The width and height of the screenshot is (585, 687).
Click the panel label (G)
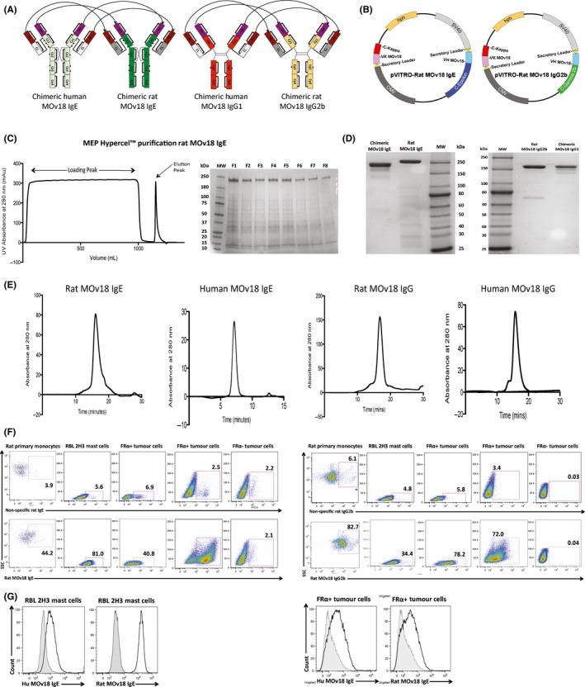[x=12, y=564]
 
